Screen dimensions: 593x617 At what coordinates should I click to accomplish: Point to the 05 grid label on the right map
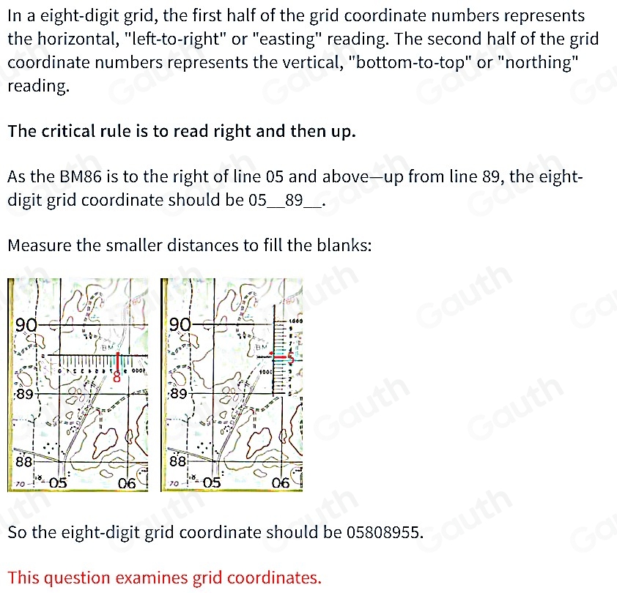[213, 482]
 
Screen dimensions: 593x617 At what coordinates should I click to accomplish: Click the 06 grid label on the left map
[128, 482]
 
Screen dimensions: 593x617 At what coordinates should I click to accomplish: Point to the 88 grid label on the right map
[177, 462]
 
